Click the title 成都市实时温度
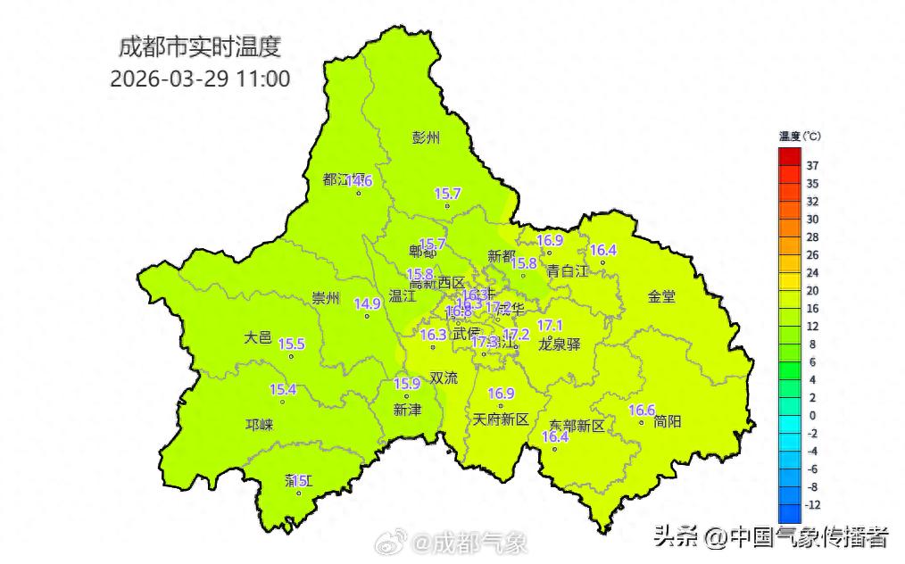pos(204,47)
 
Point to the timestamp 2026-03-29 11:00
pos(200,79)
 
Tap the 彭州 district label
pos(426,137)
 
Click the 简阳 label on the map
pos(667,420)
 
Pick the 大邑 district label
pos(257,337)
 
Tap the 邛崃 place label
pos(259,425)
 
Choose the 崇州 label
pos(326,298)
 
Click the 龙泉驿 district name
pos(560,344)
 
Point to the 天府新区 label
pos(501,419)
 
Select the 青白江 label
pos(568,270)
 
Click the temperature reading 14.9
pos(367,303)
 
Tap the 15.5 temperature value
pos(291,344)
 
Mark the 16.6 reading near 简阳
pos(642,410)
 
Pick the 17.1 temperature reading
pos(549,325)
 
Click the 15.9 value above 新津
pos(406,384)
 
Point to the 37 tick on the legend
pos(813,166)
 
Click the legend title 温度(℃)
pos(799,137)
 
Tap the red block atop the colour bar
pos(789,156)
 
